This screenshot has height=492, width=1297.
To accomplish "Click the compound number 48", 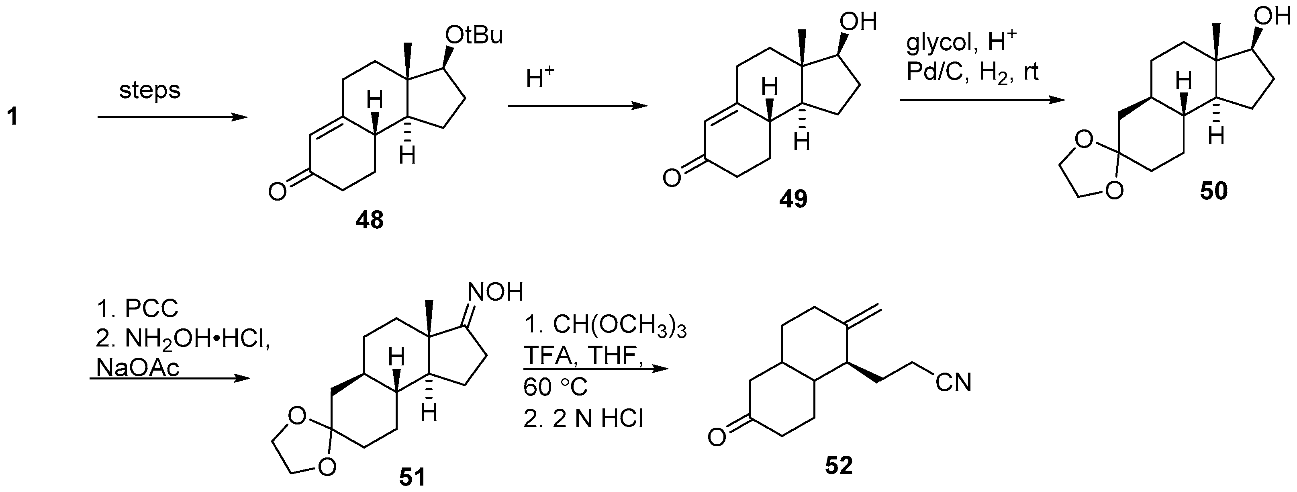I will point(369,220).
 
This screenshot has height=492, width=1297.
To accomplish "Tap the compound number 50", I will point(1213,191).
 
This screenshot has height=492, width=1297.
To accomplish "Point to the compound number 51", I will point(412,476).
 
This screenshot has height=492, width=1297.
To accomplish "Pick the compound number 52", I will point(839,465).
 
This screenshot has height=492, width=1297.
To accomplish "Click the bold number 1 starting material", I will point(12,117).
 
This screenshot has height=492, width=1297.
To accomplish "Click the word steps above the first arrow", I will point(149,91).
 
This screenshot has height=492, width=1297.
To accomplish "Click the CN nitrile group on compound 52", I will point(953,383).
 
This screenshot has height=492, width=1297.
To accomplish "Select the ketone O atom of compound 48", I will point(278,192).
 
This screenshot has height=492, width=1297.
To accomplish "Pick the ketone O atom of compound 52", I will point(717,437).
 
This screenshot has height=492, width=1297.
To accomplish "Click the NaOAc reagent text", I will point(137,369).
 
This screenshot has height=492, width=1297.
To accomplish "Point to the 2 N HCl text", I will point(583,419).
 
